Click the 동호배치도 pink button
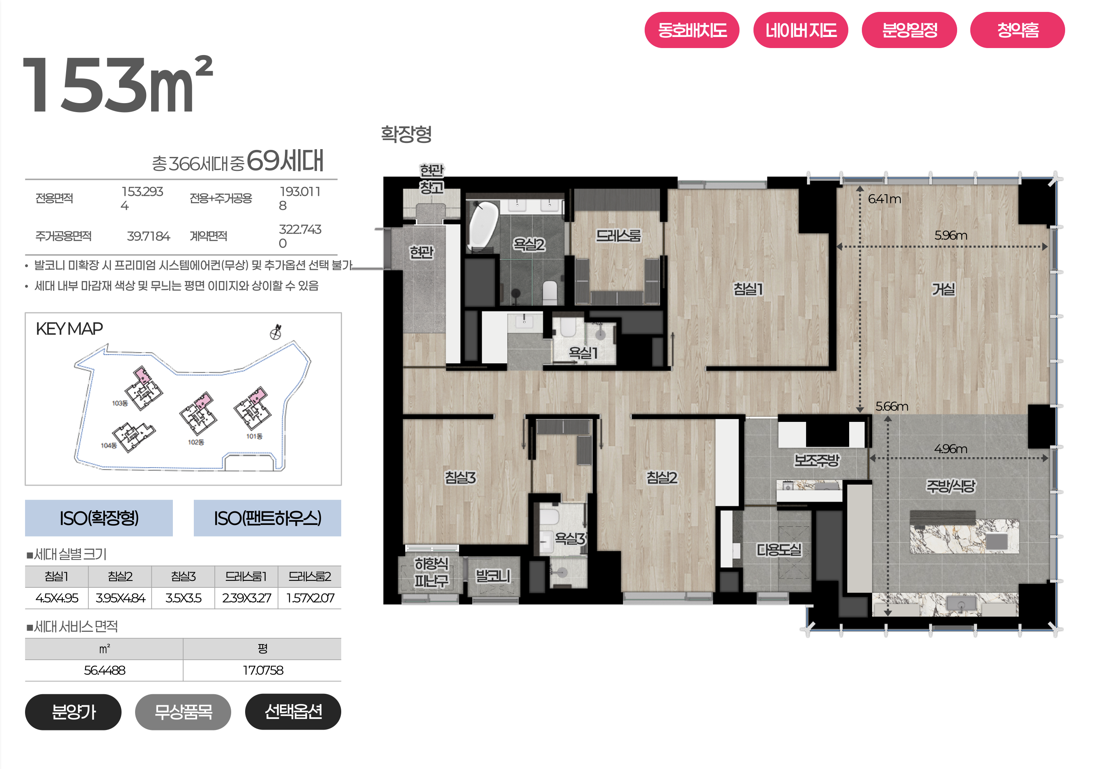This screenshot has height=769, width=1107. pos(691,30)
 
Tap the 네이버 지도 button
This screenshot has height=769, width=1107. pos(800,30)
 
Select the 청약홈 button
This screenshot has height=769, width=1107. pos(1017,30)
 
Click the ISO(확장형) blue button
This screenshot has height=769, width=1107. pos(99,518)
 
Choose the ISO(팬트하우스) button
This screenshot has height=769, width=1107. pos(267,518)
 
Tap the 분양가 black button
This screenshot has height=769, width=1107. pos(73,711)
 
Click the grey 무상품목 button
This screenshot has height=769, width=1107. pos(183,711)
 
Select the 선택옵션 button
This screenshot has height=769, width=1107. pos(293,711)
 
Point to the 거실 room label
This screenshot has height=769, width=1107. pos(943,289)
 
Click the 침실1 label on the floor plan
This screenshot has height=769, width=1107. pos(748,289)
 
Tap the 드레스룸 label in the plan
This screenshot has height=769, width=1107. pos(618,236)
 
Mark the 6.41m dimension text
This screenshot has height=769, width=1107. pos(884,199)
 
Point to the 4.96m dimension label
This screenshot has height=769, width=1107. pos(950,449)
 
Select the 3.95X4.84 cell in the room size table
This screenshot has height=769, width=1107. pos(120,598)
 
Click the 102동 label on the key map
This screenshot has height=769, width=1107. pos(196,442)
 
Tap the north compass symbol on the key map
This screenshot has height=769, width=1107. pos(276,332)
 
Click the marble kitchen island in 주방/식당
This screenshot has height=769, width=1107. pos(964,536)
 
